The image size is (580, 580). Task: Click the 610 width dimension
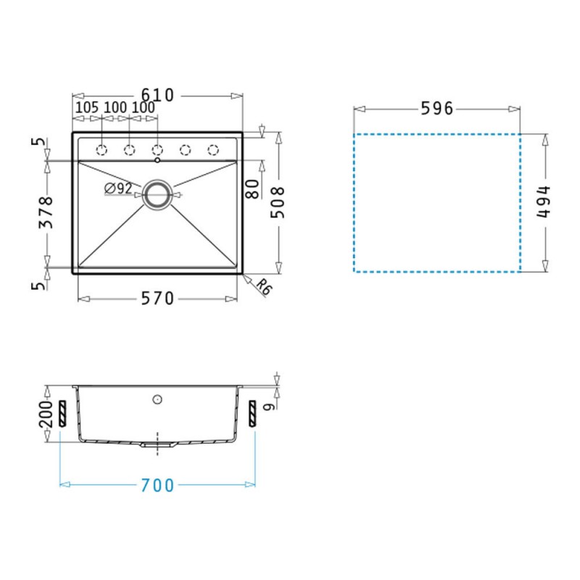coord(157,95)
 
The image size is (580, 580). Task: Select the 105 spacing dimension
coord(87,107)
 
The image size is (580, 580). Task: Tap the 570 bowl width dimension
coord(157,298)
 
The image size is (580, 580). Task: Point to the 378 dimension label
coord(46,212)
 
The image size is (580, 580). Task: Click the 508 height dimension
coord(278,202)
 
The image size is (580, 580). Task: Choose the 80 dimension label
coord(252,189)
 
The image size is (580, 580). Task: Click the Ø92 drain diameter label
coord(118,188)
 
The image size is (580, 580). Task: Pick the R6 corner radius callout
coord(264,286)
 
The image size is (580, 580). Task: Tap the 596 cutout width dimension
coord(437,108)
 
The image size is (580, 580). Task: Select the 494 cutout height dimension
coord(543,202)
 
